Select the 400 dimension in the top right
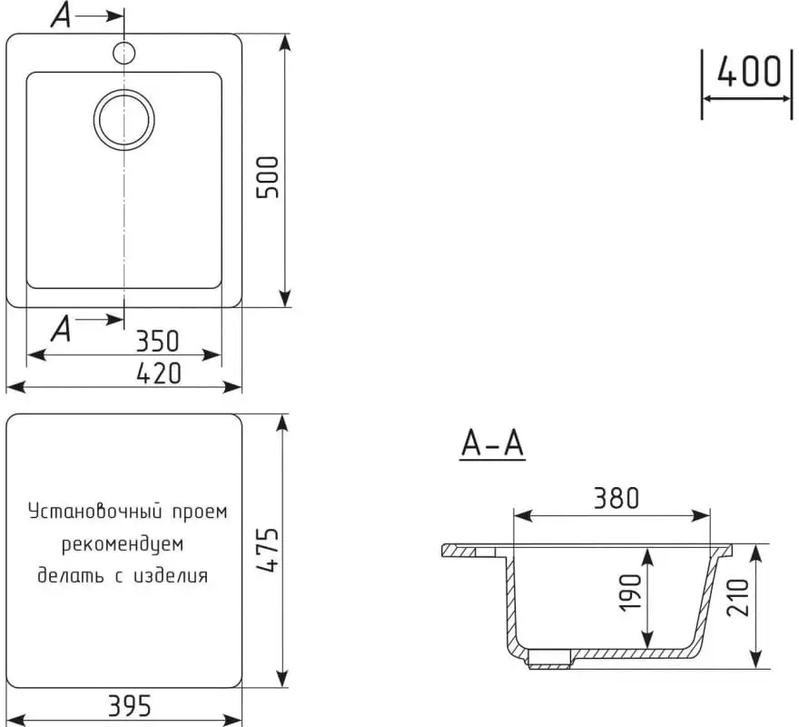(748, 71)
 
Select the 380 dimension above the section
(617, 497)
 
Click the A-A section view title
(493, 444)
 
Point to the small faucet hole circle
(123, 53)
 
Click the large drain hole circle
(124, 120)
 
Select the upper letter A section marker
(62, 16)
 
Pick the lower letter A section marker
(61, 327)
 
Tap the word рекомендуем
(123, 544)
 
